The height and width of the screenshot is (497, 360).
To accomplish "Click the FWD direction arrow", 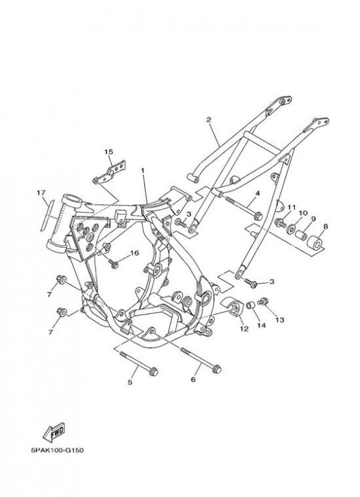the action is pos(54,432).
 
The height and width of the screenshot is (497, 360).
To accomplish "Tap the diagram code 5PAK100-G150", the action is pos(57,450).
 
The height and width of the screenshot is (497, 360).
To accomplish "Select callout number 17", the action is pos(41,193).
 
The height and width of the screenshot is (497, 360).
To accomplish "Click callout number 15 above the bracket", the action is pos(109,152).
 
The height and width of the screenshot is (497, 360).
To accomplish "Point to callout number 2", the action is pos(209,120).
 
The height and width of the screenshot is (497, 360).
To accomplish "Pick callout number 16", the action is pos(135,253).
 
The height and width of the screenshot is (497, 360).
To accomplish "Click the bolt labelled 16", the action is pos(113,263).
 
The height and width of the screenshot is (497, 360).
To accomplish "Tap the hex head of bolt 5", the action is pos(153,372).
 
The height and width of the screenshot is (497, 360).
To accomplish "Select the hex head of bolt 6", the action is pos(217,369).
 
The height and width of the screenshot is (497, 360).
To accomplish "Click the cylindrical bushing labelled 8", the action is pos(314,242).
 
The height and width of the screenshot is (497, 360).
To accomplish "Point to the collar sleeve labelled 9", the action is pos(300,236).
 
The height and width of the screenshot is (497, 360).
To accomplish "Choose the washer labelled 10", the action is pos(291,229).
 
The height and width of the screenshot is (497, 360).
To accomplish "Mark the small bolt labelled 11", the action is pos(280,223).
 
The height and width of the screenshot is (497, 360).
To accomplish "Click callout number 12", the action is pos(244,329).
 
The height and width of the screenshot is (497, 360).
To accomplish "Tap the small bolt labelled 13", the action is pos(263,301).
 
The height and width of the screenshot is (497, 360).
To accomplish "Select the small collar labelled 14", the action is pos(251,306).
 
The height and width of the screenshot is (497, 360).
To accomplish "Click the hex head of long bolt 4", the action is pos(258,217).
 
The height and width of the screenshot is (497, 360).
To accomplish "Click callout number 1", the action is pos(143,171).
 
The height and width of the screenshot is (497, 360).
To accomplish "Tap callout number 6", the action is pos(193,379).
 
